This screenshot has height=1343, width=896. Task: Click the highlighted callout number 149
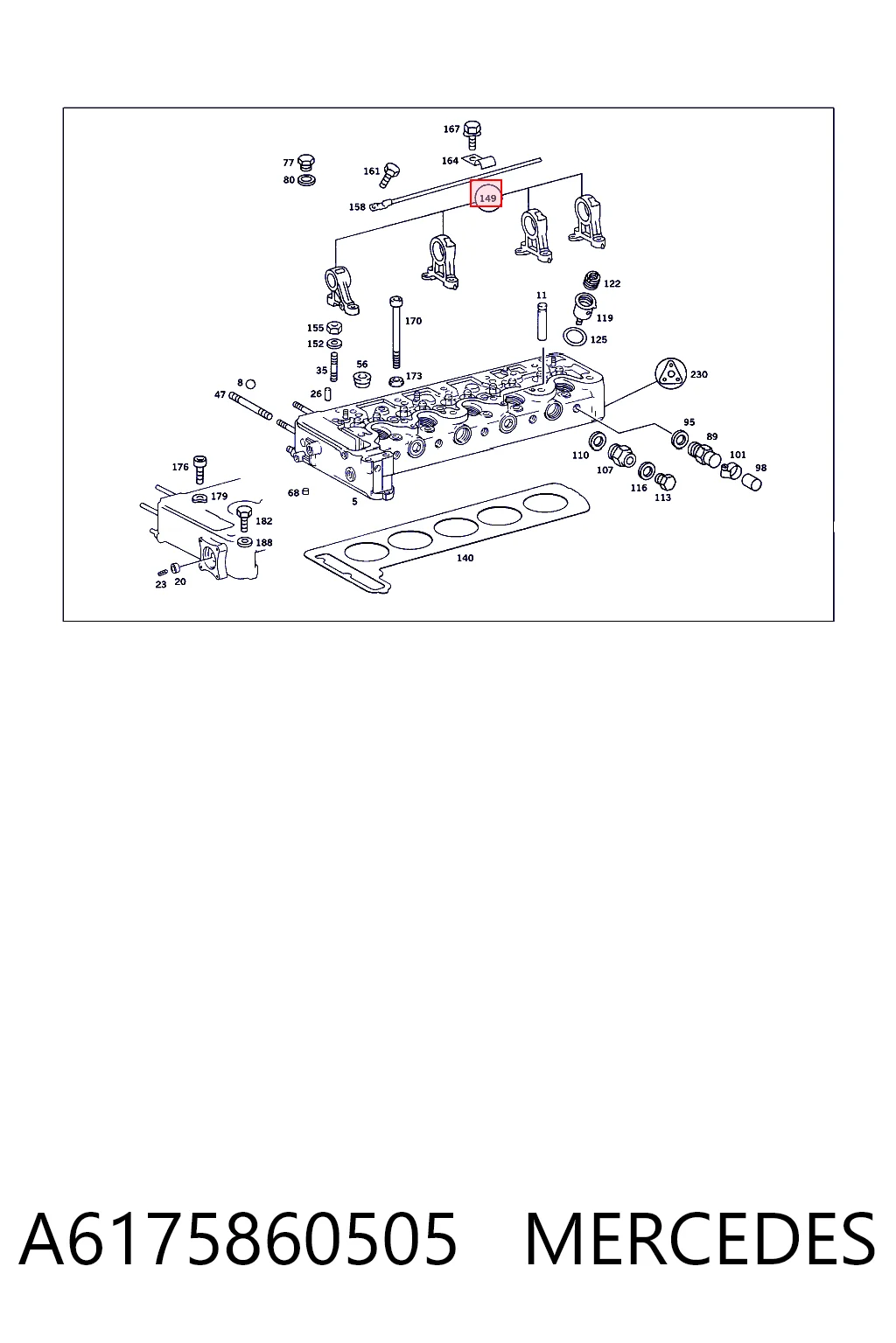pos(488,198)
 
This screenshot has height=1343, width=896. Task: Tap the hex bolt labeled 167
pos(472,135)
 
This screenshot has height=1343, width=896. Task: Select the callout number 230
pos(698,374)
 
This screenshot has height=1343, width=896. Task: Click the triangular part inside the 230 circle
pos(669,373)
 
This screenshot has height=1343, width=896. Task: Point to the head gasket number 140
pos(465,558)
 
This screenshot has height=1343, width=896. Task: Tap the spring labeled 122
pos(591,280)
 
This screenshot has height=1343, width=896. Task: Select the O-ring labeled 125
pos(574,337)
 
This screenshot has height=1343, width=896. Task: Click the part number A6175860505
pos(238,1240)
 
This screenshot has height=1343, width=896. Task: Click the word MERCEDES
pos(700,1240)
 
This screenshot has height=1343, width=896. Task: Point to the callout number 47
pos(220,394)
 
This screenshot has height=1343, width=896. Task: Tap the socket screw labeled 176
pos(199,470)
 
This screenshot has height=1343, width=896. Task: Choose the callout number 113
pos(662,498)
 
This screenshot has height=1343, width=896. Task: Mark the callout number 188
pos(264,543)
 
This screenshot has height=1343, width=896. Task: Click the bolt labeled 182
pos(244,518)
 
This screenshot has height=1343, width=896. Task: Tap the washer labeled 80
pos(306,180)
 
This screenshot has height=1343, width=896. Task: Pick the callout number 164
pos(450,161)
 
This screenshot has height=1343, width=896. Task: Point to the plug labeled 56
pos(362,379)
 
